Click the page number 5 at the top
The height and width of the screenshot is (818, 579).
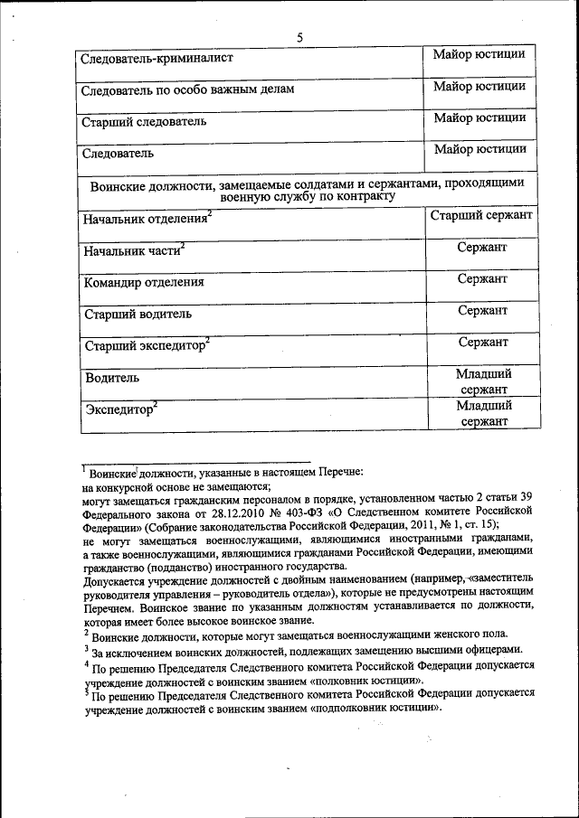click(299, 36)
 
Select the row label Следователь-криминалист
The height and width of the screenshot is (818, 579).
click(157, 59)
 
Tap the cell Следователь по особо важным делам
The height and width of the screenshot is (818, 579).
click(187, 90)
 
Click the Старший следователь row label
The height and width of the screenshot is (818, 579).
click(144, 121)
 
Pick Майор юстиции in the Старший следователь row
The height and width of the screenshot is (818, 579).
click(479, 118)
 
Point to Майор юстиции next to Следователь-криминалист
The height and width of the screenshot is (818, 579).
click(479, 55)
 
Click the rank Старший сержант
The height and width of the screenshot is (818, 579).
click(480, 215)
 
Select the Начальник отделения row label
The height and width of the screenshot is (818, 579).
click(145, 220)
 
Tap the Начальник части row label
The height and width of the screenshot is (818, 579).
click(132, 251)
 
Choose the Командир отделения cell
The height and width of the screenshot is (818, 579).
click(144, 282)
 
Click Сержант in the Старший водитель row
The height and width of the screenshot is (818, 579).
click(482, 310)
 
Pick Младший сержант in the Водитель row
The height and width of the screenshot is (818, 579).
click(482, 381)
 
